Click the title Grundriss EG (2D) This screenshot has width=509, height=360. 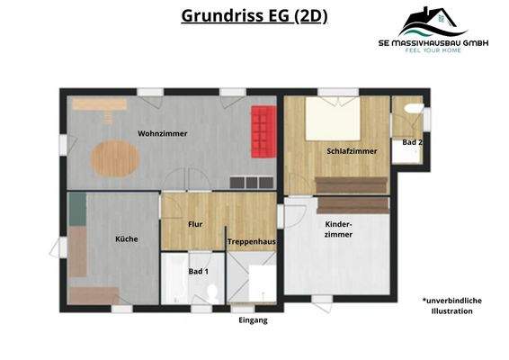tap(254, 15)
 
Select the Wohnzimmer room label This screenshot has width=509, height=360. tap(162, 133)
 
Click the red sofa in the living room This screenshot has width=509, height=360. tap(262, 130)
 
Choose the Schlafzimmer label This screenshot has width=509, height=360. tap(352, 151)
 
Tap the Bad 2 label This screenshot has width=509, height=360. tap(412, 142)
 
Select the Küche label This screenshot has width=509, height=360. tap(126, 238)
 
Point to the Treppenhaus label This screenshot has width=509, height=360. tap(250, 242)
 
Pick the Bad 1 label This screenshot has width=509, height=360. tap(198, 271)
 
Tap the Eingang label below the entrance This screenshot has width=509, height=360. tap(253, 319)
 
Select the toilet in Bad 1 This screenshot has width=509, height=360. tap(212, 293)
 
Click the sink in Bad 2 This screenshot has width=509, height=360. tap(413, 109)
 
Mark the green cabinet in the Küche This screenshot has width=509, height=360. tap(78, 208)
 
